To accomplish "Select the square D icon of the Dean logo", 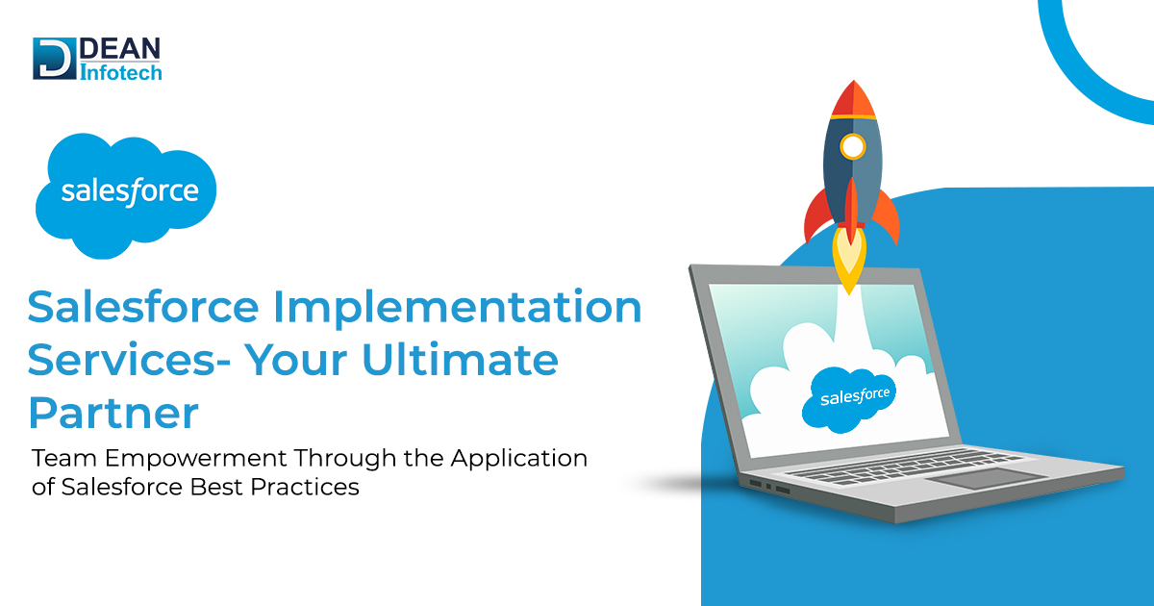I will tap(52, 58).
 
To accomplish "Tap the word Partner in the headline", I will tap(113, 414).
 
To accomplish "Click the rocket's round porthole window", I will tap(852, 147).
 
